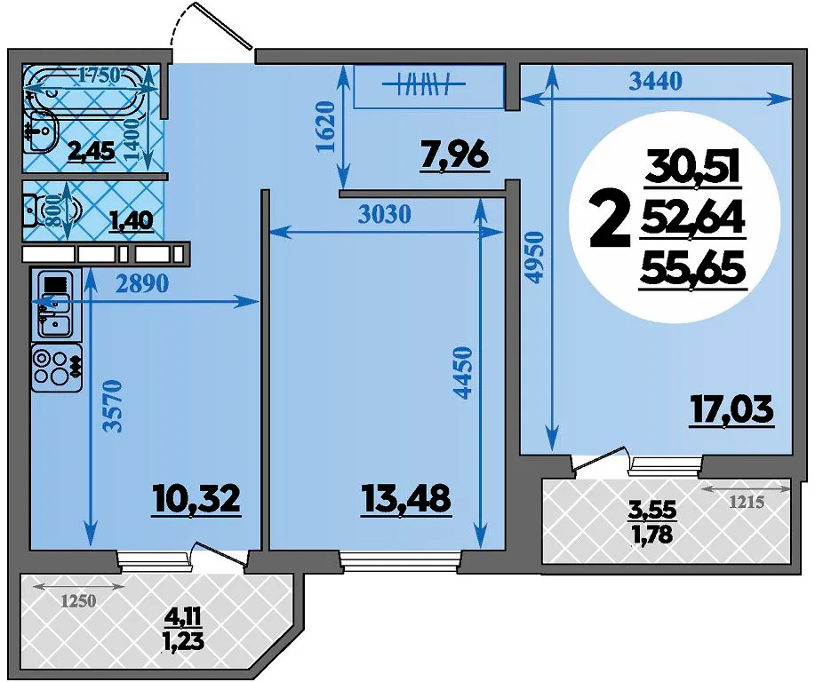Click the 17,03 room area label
(x=731, y=410)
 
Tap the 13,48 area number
(x=405, y=500)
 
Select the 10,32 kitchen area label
(x=197, y=500)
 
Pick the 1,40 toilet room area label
(x=132, y=221)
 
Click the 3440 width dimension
(x=655, y=81)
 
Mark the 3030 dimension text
(x=385, y=213)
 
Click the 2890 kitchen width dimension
(x=142, y=283)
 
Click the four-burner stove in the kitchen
(x=57, y=368)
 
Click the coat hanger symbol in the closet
(x=424, y=83)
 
